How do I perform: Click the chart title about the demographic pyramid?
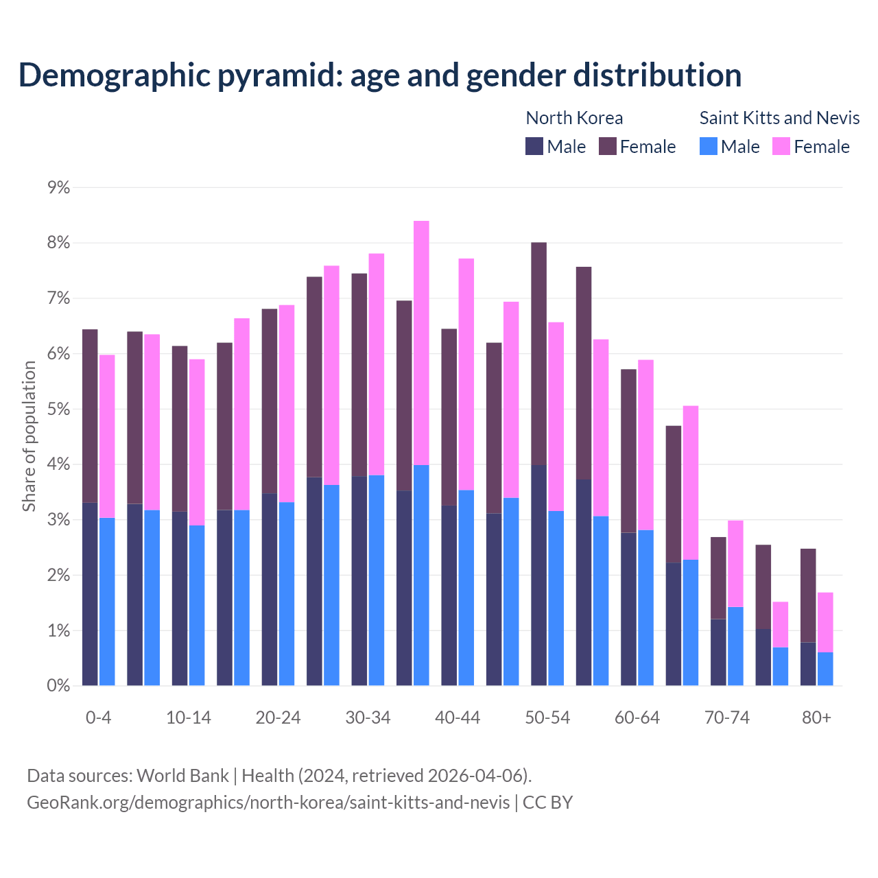pyautogui.click(x=380, y=75)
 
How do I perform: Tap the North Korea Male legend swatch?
pyautogui.click(x=534, y=146)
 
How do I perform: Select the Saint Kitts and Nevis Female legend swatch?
pyautogui.click(x=781, y=146)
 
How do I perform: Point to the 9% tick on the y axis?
pyautogui.click(x=58, y=187)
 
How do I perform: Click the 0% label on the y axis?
pyautogui.click(x=58, y=685)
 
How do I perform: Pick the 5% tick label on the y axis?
pyautogui.click(x=58, y=409)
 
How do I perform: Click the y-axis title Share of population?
pyautogui.click(x=29, y=436)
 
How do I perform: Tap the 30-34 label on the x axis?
pyautogui.click(x=368, y=717)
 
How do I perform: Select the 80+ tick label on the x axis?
pyautogui.click(x=816, y=717)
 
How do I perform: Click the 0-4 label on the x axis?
pyautogui.click(x=98, y=717)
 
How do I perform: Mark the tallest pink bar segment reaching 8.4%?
pyautogui.click(x=421, y=343)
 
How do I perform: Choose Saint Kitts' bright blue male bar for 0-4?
pyautogui.click(x=107, y=602)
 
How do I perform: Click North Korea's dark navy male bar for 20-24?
pyautogui.click(x=270, y=589)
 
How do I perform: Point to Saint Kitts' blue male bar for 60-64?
pyautogui.click(x=645, y=608)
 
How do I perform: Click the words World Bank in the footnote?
pyautogui.click(x=182, y=776)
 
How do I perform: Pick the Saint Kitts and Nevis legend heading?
pyautogui.click(x=779, y=118)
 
